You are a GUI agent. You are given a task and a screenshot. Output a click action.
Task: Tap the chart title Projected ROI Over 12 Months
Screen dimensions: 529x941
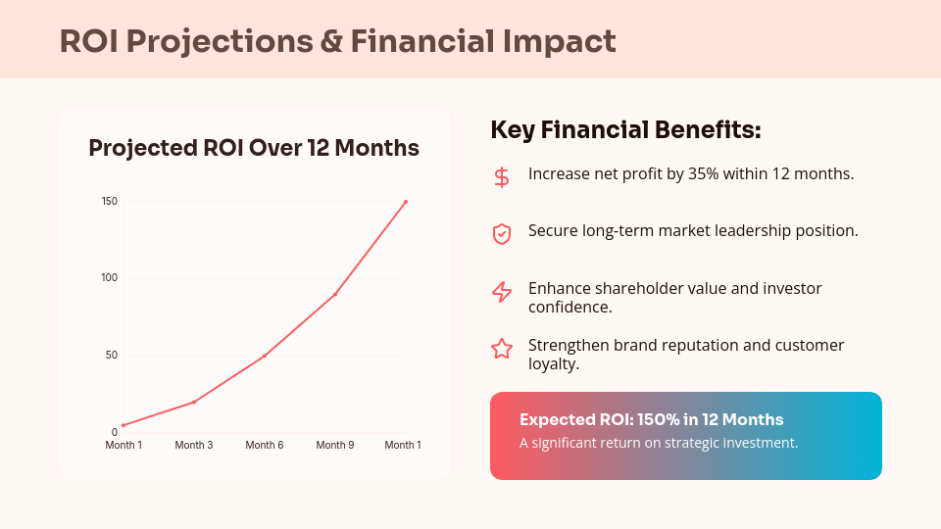[254, 148]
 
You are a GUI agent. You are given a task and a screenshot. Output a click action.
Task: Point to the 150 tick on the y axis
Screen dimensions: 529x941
[110, 202]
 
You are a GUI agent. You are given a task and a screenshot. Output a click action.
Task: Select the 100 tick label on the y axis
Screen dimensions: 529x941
[110, 278]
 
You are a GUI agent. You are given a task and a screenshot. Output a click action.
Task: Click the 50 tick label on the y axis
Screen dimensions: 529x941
[112, 355]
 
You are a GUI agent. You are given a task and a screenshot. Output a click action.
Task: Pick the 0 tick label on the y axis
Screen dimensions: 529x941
[115, 432]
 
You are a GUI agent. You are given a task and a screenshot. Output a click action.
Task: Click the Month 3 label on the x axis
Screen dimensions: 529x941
[194, 446]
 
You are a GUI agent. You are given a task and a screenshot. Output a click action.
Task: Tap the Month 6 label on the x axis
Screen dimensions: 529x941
[265, 446]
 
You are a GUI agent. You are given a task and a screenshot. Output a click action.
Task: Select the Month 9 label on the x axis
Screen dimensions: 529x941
[335, 446]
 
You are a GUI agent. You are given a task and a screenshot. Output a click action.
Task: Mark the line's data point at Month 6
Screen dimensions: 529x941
[265, 356]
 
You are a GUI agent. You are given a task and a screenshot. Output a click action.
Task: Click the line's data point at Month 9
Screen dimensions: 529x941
[335, 294]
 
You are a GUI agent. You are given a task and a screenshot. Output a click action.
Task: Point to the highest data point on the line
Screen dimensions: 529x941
[406, 202]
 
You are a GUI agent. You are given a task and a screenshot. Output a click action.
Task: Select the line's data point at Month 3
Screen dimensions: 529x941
[194, 402]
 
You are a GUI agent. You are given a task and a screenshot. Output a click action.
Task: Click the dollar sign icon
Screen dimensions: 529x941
[502, 177]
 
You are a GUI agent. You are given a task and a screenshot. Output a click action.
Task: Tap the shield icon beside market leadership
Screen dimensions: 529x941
[502, 234]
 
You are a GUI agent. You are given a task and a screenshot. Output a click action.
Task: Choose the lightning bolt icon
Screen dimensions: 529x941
[502, 292]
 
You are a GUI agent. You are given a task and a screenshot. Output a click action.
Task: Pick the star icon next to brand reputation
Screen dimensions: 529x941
[502, 349]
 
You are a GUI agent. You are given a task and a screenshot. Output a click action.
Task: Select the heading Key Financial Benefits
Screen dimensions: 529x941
[625, 130]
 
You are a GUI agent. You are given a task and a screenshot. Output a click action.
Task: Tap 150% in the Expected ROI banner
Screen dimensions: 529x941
[658, 420]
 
